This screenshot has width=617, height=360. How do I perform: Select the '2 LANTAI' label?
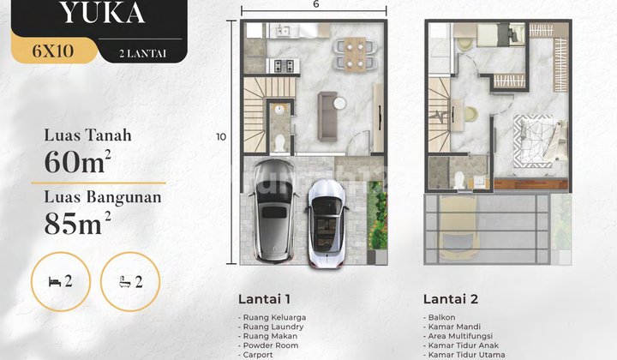point(143,53)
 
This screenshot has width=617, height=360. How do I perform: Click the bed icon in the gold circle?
point(57,282)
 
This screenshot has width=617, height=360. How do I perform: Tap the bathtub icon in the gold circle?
point(129,282)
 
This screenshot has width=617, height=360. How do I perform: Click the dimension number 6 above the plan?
point(316,5)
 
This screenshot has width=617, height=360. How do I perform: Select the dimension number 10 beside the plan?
point(220,136)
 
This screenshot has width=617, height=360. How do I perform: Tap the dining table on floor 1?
point(352,53)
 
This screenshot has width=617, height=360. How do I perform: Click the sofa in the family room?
point(328,116)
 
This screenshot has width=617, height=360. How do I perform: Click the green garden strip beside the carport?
point(376,214)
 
